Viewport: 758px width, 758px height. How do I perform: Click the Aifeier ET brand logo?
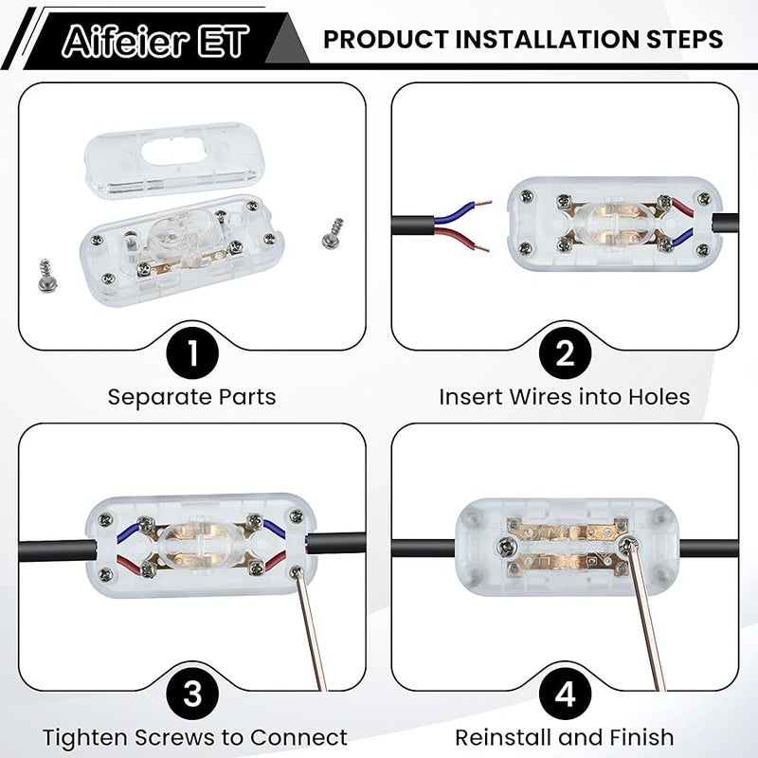pyautogui.click(x=155, y=41)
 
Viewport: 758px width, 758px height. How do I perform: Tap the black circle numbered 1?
pyautogui.click(x=192, y=352)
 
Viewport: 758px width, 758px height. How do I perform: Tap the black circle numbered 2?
pyautogui.click(x=565, y=352)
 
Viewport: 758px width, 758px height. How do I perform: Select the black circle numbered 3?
pyautogui.click(x=192, y=694)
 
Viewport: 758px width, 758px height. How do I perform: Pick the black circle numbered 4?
pyautogui.click(x=565, y=694)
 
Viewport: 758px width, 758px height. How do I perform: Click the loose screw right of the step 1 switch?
pyautogui.click(x=333, y=233)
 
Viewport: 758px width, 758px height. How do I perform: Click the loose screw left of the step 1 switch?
pyautogui.click(x=45, y=276)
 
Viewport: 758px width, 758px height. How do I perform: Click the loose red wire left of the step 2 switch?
pyautogui.click(x=461, y=239)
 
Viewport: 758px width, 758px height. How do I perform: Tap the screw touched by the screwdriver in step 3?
pyautogui.click(x=296, y=573)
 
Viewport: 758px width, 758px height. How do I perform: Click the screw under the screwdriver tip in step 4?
pyautogui.click(x=627, y=547)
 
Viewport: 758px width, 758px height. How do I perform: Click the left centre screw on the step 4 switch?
pyautogui.click(x=506, y=548)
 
